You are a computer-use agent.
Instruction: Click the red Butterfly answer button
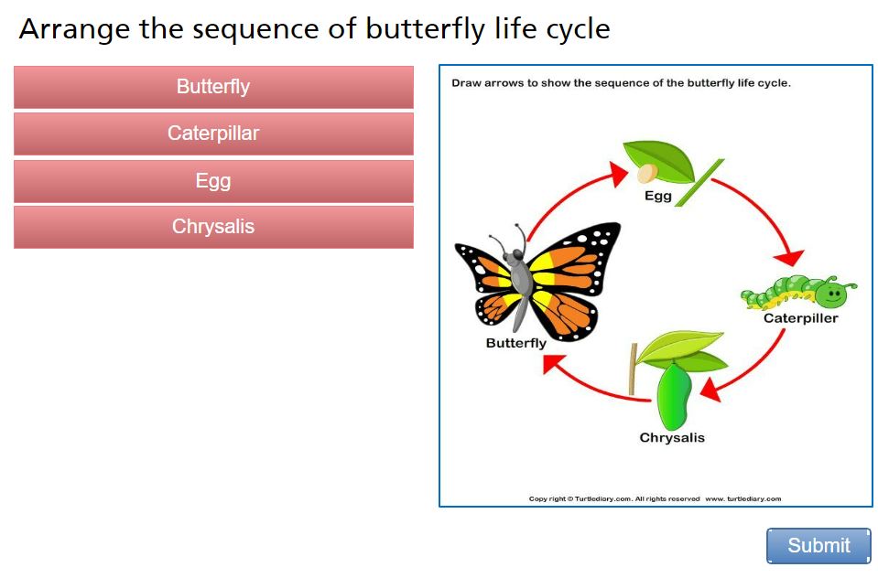pyautogui.click(x=213, y=87)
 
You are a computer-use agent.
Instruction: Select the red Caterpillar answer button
pyautogui.click(x=213, y=134)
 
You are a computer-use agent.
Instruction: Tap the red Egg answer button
pyautogui.click(x=213, y=181)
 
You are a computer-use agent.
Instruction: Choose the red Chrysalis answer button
pyautogui.click(x=213, y=227)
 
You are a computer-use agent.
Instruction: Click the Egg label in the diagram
pyautogui.click(x=658, y=197)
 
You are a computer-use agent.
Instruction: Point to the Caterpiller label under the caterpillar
pyautogui.click(x=801, y=318)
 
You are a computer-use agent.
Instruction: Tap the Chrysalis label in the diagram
pyautogui.click(x=672, y=437)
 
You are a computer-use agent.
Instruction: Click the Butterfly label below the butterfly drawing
pyautogui.click(x=515, y=343)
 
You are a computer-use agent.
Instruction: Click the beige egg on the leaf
pyautogui.click(x=646, y=173)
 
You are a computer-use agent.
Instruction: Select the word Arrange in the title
pyautogui.click(x=74, y=29)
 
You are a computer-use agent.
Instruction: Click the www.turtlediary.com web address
pyautogui.click(x=743, y=498)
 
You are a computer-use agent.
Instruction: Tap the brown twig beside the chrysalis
pyautogui.click(x=634, y=369)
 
